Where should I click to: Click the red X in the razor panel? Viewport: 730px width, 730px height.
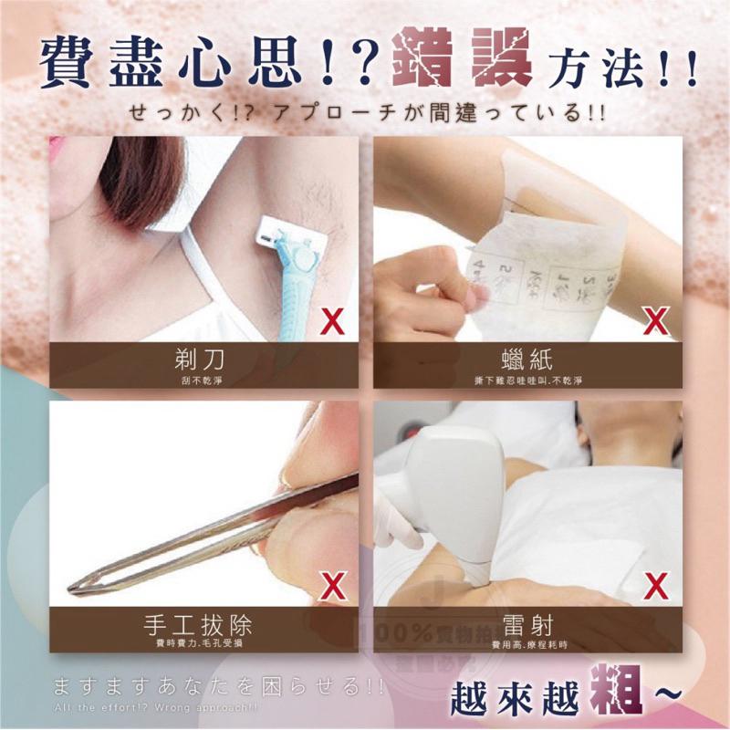[x=334, y=320]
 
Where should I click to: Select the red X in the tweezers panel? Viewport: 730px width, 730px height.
[x=334, y=585]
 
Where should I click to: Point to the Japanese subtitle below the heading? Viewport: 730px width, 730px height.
[x=365, y=114]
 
